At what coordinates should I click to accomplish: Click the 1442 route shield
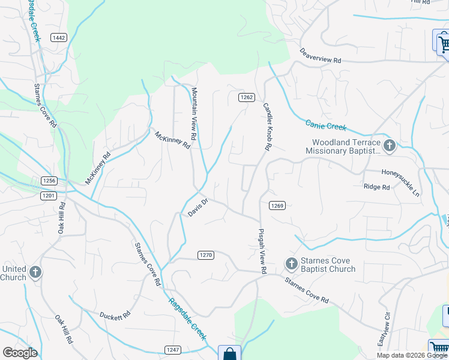59,38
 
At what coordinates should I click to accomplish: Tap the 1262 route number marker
246,97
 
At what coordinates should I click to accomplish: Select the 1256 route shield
49,180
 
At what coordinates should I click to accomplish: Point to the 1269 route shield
277,205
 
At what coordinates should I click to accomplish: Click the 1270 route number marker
205,255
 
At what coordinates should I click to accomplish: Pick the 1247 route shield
173,349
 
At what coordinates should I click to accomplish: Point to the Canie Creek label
325,125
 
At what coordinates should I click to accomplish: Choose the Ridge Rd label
376,187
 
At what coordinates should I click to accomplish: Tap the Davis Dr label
197,209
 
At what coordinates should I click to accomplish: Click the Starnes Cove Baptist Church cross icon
291,264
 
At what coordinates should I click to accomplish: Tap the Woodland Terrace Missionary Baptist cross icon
390,145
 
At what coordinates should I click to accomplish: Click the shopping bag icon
229,354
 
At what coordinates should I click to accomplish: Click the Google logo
20,353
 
